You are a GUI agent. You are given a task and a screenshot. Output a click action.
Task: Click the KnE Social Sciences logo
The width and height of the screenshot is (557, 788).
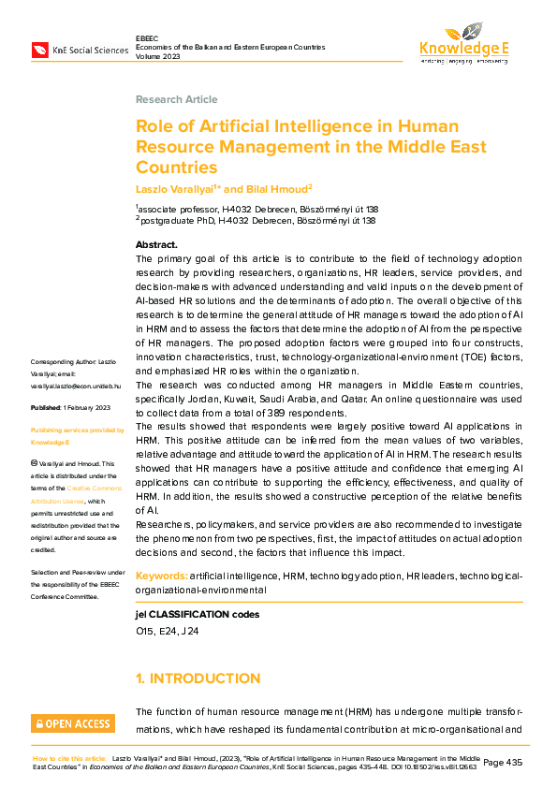pos(80,49)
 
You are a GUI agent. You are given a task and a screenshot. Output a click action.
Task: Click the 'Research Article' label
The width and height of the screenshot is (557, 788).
pos(171,98)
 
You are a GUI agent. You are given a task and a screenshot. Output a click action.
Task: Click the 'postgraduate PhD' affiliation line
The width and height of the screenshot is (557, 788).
pos(257,221)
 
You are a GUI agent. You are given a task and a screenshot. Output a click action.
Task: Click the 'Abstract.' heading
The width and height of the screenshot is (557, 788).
pos(156,245)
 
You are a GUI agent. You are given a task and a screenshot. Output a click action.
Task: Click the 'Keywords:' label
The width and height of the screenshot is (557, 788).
pos(162,577)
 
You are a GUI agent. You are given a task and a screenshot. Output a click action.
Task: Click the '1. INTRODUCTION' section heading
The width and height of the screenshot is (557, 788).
pos(198,678)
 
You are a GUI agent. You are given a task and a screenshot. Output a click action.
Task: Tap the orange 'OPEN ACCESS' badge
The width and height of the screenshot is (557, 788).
pos(73,723)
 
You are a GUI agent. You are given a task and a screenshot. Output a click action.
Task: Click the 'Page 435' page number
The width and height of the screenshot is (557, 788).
pos(506,762)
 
